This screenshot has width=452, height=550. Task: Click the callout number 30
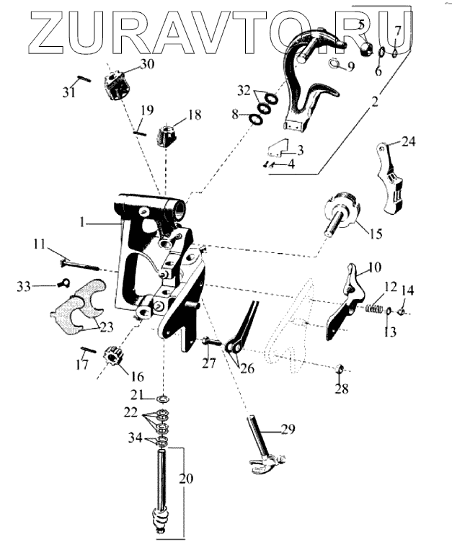pos(147,64)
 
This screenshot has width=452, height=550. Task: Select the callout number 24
pos(409,142)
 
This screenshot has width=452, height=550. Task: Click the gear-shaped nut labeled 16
pos(115,356)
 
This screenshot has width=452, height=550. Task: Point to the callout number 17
pos(82,365)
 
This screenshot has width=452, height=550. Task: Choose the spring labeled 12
pos(373,309)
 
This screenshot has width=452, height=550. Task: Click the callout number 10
pos(373,267)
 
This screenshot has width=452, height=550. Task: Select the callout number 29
pos(288,430)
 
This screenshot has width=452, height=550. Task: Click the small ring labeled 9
pos(336,63)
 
